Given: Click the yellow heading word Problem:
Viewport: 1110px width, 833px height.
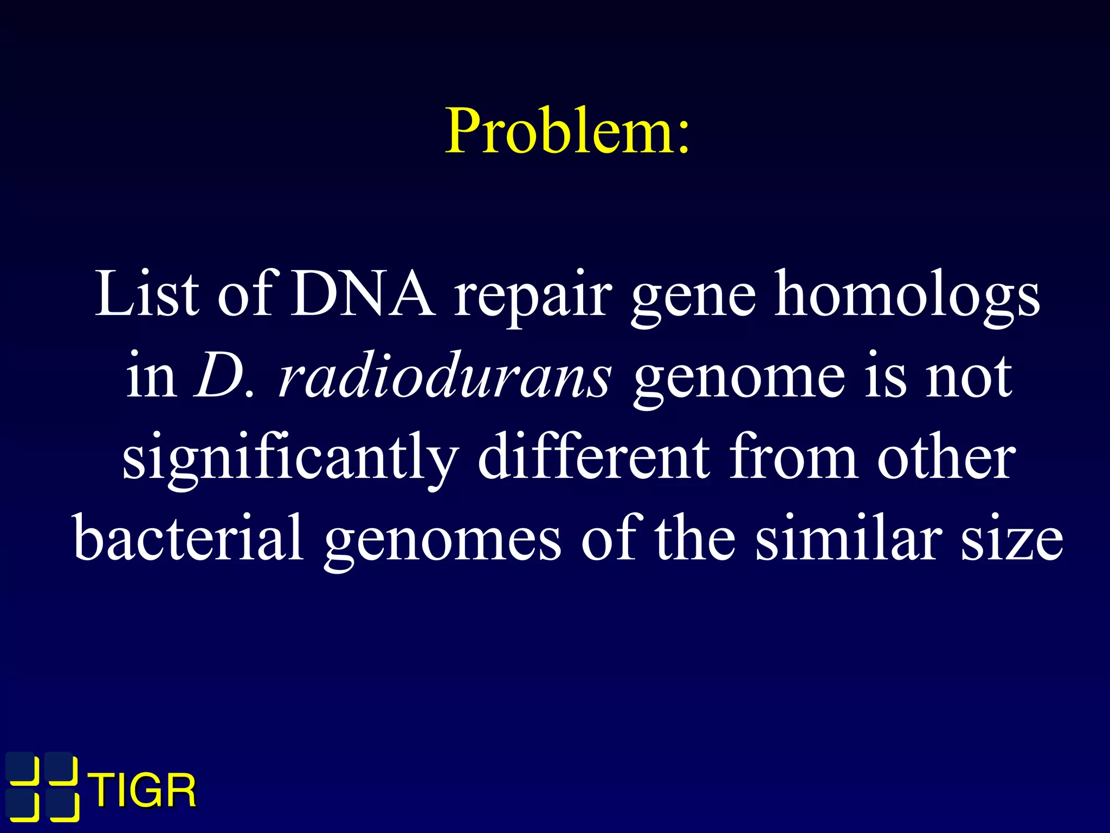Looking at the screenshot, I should click(x=567, y=131).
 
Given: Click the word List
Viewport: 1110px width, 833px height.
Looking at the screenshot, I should click(x=146, y=294).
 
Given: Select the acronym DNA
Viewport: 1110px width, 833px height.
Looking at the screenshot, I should click(x=363, y=294).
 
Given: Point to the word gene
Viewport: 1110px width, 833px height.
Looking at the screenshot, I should click(x=693, y=298).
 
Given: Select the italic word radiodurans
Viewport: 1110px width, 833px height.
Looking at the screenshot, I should click(x=444, y=376).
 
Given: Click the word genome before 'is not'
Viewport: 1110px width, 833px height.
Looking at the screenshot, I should click(x=739, y=380).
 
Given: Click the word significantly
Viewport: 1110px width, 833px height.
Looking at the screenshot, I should click(x=290, y=459).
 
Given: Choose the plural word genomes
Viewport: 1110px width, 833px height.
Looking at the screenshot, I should click(x=443, y=542).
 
